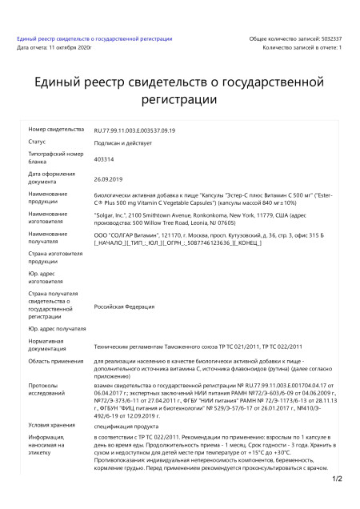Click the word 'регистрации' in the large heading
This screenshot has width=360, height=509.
(179, 99)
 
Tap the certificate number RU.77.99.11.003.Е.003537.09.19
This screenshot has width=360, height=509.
(134, 130)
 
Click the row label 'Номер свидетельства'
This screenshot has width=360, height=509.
(56, 129)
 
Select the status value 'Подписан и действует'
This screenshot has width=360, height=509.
(122, 142)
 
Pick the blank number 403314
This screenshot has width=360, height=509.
(105, 160)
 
